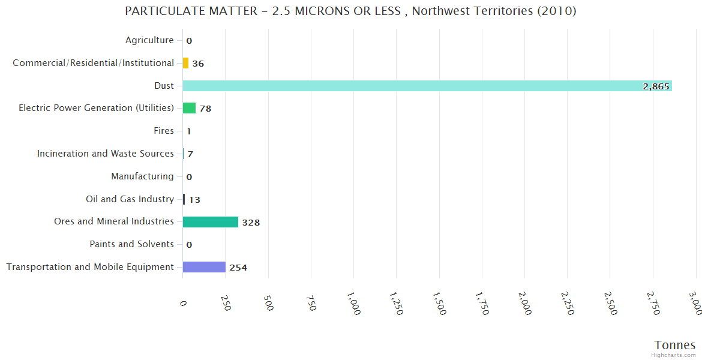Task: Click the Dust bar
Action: point(427,86)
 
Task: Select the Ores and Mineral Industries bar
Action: point(211,222)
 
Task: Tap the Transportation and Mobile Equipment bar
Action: point(204,267)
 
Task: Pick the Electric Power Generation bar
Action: point(189,108)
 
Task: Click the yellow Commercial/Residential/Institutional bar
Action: point(185,63)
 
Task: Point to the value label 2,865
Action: point(656,86)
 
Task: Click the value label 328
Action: point(251,223)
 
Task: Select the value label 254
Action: point(238,268)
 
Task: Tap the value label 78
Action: point(205,109)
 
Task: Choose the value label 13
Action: point(194,200)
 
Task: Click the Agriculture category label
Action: point(149,40)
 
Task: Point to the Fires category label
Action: point(164,131)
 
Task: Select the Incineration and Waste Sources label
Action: point(106,154)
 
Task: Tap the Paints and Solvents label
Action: point(131,244)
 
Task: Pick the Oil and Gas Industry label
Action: point(130,199)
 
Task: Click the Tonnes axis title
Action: point(674,345)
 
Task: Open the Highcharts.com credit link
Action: point(674,355)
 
